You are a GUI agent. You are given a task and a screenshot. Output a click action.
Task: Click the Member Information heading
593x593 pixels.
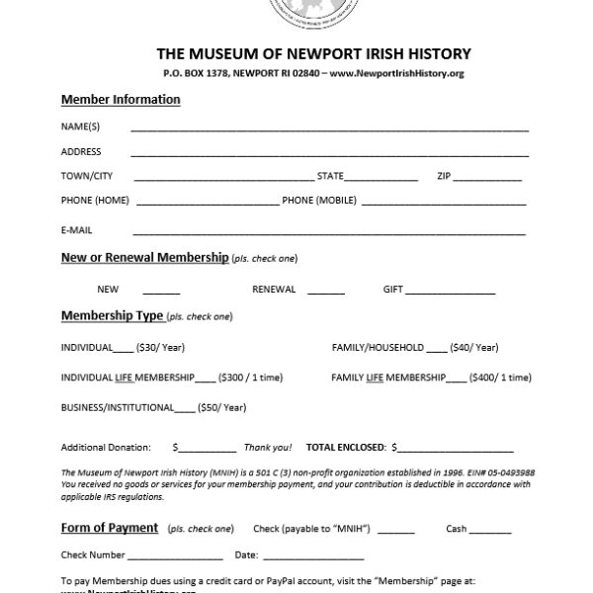[x=121, y=100]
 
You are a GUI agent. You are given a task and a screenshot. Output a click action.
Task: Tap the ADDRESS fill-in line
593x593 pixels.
[x=329, y=154]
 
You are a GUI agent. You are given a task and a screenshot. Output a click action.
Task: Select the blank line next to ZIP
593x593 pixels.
[x=487, y=179]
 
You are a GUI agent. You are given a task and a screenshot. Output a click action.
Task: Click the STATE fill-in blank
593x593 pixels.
[x=381, y=179]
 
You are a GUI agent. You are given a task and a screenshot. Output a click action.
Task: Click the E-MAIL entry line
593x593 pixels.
[x=329, y=232]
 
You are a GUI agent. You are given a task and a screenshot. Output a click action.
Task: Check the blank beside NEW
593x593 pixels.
[x=161, y=293]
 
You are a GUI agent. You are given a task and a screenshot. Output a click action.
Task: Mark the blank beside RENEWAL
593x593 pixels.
[x=326, y=293]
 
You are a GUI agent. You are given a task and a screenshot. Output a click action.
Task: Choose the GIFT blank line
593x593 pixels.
[x=450, y=293]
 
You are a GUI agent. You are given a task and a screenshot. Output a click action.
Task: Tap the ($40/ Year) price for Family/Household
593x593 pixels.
[x=474, y=348]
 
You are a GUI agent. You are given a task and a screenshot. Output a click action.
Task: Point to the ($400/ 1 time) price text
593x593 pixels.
[x=501, y=378]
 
